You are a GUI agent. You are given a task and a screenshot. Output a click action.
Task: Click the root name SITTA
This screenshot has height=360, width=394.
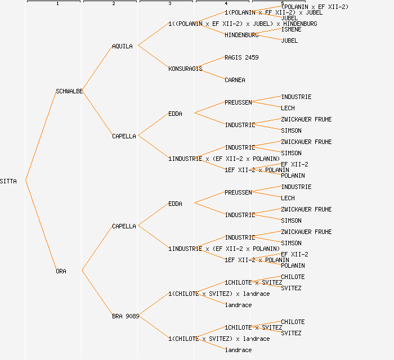click(8, 181)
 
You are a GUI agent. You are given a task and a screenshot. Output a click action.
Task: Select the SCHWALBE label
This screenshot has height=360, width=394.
click(69, 91)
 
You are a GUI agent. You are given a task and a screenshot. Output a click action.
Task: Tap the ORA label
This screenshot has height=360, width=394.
click(61, 271)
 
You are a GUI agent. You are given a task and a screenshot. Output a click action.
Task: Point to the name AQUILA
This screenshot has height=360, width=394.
click(122, 46)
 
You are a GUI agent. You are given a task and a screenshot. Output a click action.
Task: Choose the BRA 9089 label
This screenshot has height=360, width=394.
click(125, 316)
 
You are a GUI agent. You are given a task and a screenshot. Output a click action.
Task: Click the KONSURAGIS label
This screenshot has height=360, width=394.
click(185, 69)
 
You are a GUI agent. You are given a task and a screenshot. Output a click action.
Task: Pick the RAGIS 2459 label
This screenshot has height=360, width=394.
click(241, 57)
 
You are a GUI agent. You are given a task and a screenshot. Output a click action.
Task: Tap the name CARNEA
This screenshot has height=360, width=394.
click(235, 80)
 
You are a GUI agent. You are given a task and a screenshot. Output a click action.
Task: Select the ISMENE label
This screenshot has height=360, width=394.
click(291, 29)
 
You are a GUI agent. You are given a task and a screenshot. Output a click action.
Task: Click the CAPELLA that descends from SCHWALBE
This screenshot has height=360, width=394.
click(124, 136)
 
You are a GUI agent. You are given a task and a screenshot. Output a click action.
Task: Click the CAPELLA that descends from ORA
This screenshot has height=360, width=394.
click(124, 226)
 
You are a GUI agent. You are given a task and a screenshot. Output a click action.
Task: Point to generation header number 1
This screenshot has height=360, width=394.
click(57, 4)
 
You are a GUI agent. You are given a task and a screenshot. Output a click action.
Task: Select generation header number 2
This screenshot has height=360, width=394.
click(113, 4)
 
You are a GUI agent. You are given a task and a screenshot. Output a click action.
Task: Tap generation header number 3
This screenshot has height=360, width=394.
click(169, 4)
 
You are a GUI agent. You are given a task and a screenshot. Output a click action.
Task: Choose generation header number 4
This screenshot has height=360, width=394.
click(226, 4)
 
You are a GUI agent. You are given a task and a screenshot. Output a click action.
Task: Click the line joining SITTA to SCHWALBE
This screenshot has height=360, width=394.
click(40, 136)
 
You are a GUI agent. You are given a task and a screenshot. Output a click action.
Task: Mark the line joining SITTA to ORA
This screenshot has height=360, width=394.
click(40, 226)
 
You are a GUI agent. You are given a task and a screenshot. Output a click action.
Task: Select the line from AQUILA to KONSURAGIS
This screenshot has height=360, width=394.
click(153, 57)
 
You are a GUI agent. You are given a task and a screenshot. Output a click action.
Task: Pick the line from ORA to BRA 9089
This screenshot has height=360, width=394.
click(97, 293)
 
